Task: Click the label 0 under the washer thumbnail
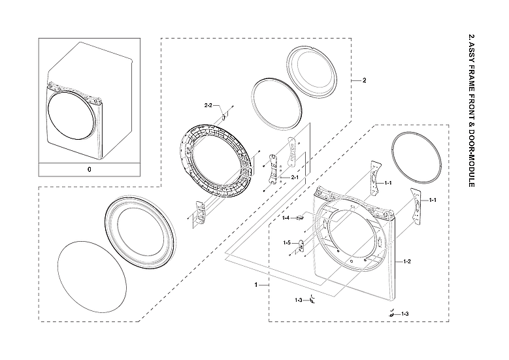(x=90, y=170)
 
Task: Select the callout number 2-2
(x=208, y=105)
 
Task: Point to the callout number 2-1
(x=294, y=178)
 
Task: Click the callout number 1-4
(x=286, y=218)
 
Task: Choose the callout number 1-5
(x=286, y=242)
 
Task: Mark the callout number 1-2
(x=406, y=261)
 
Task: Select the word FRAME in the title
(x=470, y=78)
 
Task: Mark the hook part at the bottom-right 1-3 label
(x=391, y=314)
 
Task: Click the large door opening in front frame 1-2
(x=350, y=238)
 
